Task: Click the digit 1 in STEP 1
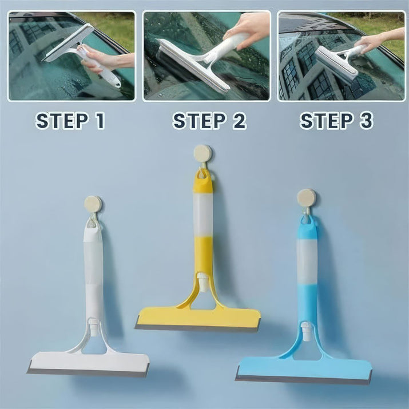100,121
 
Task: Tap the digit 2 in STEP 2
240,121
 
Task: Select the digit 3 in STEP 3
366,121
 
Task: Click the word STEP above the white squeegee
62,121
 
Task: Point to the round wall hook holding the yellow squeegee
202,154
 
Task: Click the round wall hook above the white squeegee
93,204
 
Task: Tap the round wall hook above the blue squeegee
307,198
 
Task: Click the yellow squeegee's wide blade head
198,319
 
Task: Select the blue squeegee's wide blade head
304,370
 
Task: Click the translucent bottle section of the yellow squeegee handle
202,214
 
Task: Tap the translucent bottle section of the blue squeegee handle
307,261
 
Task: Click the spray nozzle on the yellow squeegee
202,281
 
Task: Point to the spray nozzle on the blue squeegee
307,331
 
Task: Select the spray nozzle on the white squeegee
93,326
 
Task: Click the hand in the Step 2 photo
247,29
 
